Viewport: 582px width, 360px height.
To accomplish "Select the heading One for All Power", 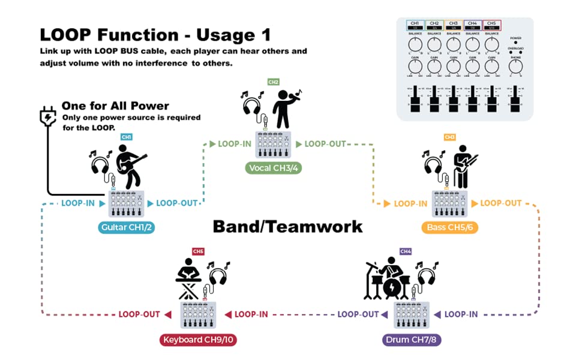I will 124,106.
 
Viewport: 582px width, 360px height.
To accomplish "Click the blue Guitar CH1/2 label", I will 127,227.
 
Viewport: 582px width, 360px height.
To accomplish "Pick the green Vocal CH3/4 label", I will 272,168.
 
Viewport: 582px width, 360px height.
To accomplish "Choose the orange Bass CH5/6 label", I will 449,227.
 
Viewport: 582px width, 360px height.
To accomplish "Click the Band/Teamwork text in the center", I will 287,226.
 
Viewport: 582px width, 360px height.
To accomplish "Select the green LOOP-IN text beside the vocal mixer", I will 235,144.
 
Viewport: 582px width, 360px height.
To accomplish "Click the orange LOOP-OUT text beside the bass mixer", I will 501,203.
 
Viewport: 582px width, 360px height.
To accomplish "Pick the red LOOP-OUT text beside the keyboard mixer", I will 139,314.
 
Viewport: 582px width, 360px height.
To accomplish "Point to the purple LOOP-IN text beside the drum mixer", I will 461,314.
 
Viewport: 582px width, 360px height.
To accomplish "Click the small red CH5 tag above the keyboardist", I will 198,251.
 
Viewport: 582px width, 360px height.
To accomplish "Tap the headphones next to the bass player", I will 434,164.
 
